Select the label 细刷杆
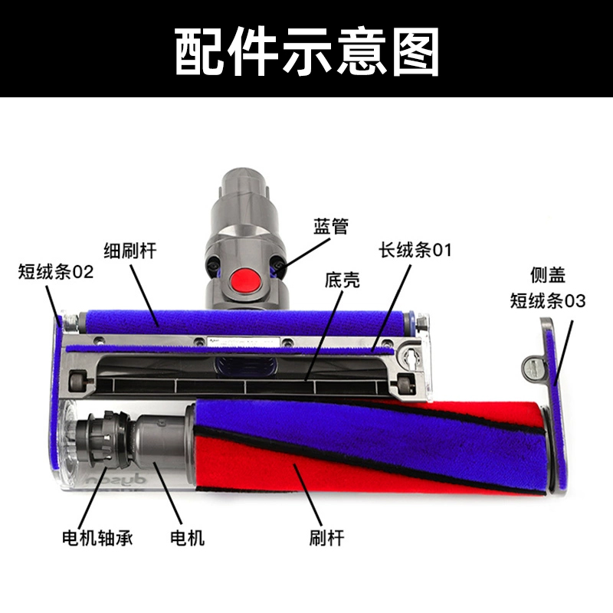tap(129, 251)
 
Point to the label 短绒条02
tap(56, 271)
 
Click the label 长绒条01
tap(415, 251)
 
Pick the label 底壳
tap(342, 280)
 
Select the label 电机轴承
tap(97, 538)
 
